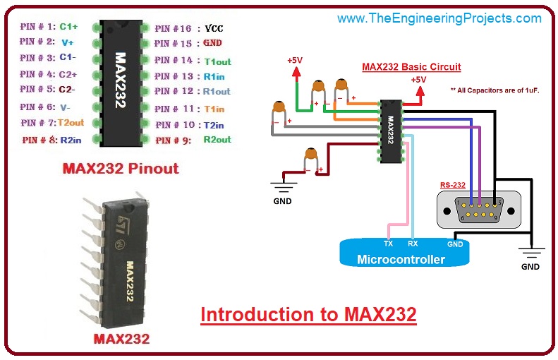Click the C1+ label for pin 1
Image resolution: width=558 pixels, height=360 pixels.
(68, 26)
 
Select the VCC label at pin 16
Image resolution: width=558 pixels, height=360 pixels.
(213, 29)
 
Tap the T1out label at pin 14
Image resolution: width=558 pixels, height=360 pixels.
(217, 61)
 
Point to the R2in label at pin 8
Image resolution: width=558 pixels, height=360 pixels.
(71, 140)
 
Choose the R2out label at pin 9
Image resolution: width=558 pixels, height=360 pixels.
(217, 140)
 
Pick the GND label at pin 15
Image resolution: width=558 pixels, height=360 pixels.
(212, 43)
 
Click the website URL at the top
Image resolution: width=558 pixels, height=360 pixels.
(439, 18)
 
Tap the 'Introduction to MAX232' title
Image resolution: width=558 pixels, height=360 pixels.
(308, 314)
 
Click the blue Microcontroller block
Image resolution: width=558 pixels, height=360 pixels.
(401, 253)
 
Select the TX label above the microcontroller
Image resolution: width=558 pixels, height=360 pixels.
(388, 243)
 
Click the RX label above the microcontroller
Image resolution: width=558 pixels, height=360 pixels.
(413, 243)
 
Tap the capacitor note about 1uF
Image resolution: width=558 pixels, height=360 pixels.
(494, 90)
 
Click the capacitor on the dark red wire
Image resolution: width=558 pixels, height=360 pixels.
(309, 157)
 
